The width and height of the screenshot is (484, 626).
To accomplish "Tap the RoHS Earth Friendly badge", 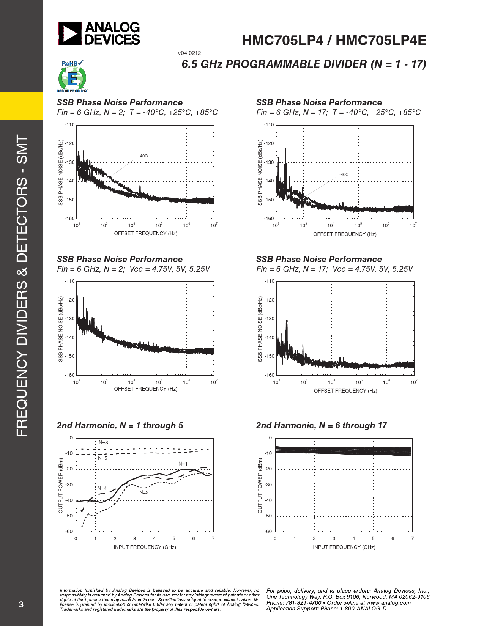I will [x=72, y=76].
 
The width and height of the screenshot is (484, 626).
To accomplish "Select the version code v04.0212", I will [x=189, y=53].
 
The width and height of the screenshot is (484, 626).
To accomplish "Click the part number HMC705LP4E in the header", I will [x=381, y=41].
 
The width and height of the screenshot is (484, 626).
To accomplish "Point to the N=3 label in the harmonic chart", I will [x=103, y=443].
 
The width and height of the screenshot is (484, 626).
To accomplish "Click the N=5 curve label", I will [x=102, y=458].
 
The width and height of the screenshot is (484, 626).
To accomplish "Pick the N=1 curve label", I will [x=183, y=464].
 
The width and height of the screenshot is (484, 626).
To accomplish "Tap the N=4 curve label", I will [x=102, y=488].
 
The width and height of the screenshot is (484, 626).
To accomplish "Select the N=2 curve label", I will [x=144, y=492].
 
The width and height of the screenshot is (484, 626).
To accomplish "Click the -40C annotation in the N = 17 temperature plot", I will [x=344, y=175].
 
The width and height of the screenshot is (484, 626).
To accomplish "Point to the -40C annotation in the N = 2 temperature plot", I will [x=143, y=156].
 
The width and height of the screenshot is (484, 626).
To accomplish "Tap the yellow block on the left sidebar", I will [x=21, y=106].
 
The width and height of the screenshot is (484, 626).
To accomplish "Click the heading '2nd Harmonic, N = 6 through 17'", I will [x=321, y=426].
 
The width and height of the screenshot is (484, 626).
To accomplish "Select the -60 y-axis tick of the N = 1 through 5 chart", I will [x=69, y=532].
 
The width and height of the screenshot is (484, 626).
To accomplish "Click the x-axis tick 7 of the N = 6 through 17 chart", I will [x=412, y=539].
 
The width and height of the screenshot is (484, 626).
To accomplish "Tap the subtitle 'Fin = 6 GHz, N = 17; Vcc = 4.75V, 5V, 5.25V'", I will [x=334, y=269].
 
